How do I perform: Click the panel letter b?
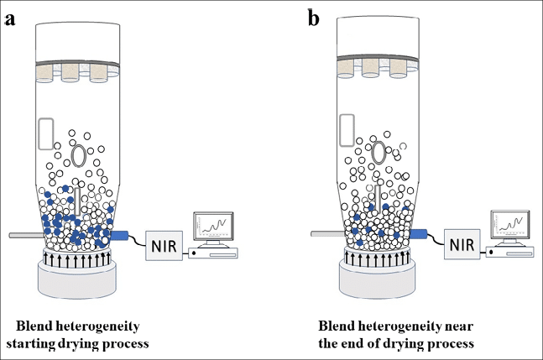(313, 18)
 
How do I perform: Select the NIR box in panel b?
(466, 247)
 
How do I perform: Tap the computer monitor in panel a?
(216, 227)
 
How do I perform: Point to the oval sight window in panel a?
(79, 156)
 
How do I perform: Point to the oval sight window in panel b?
(379, 152)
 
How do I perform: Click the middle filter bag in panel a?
(70, 72)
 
